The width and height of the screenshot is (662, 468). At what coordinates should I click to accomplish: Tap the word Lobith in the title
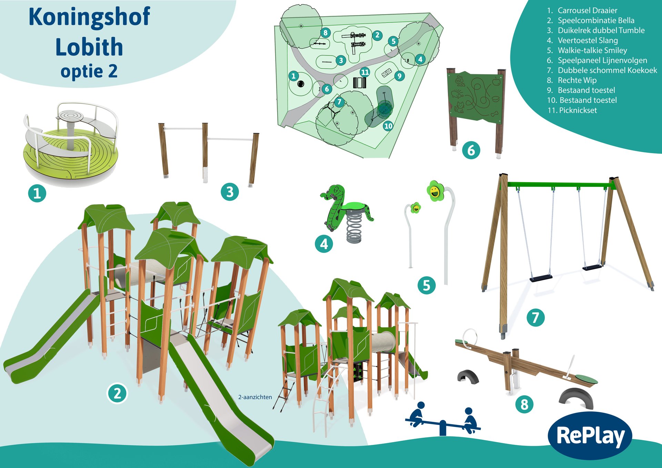89,47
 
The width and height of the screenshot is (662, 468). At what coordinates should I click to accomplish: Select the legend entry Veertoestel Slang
582,40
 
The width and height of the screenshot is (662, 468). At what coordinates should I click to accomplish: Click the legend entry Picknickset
572,110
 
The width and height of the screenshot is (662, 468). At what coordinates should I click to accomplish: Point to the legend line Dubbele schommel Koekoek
602,70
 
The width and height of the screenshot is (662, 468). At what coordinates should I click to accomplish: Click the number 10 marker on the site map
388,126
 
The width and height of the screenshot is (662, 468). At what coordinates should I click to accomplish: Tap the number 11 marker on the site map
365,72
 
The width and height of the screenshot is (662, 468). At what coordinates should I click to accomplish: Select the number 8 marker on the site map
325,33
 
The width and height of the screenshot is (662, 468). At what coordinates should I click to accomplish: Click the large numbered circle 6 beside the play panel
471,150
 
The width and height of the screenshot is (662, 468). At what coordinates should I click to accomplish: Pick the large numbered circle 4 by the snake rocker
324,244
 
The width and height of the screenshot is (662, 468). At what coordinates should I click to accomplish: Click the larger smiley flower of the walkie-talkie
435,191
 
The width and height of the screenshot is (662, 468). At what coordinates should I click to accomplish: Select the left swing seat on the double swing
541,278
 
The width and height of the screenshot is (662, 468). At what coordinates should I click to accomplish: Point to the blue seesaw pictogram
443,419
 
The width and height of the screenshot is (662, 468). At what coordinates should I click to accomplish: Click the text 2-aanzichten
255,397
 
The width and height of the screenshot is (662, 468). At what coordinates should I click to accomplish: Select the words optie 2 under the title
89,71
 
